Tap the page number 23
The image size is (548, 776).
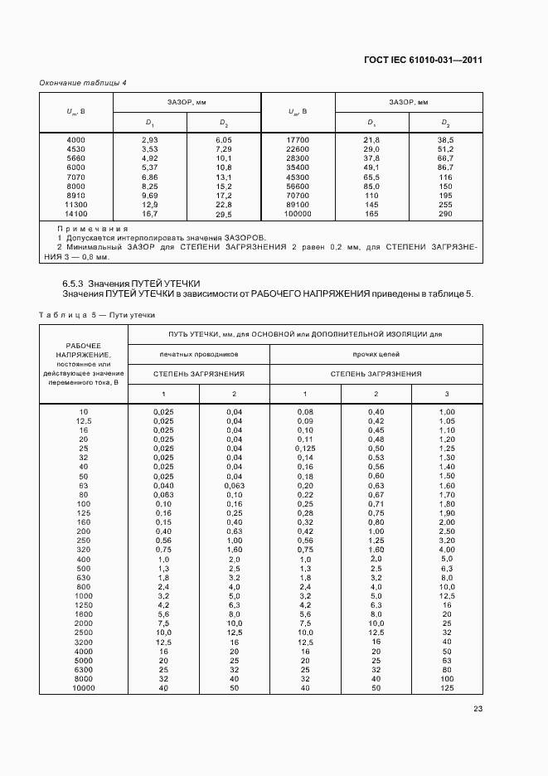coord(478,708)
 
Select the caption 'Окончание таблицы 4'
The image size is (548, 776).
coord(83,83)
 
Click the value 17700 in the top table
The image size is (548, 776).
coord(298,140)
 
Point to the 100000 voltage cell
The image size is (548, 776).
coord(298,214)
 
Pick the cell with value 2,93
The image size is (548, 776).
coord(149,140)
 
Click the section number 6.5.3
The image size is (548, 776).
coord(75,284)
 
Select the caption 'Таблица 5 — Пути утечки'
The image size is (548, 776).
coord(94,315)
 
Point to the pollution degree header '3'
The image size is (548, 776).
coord(447,393)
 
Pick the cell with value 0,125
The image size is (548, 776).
coord(305,449)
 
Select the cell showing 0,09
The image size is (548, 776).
coord(305,421)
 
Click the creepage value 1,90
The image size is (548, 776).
coord(447,513)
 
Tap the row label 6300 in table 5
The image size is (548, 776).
coord(84,670)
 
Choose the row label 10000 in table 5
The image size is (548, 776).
coord(84,688)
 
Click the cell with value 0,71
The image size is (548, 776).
coord(376,504)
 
